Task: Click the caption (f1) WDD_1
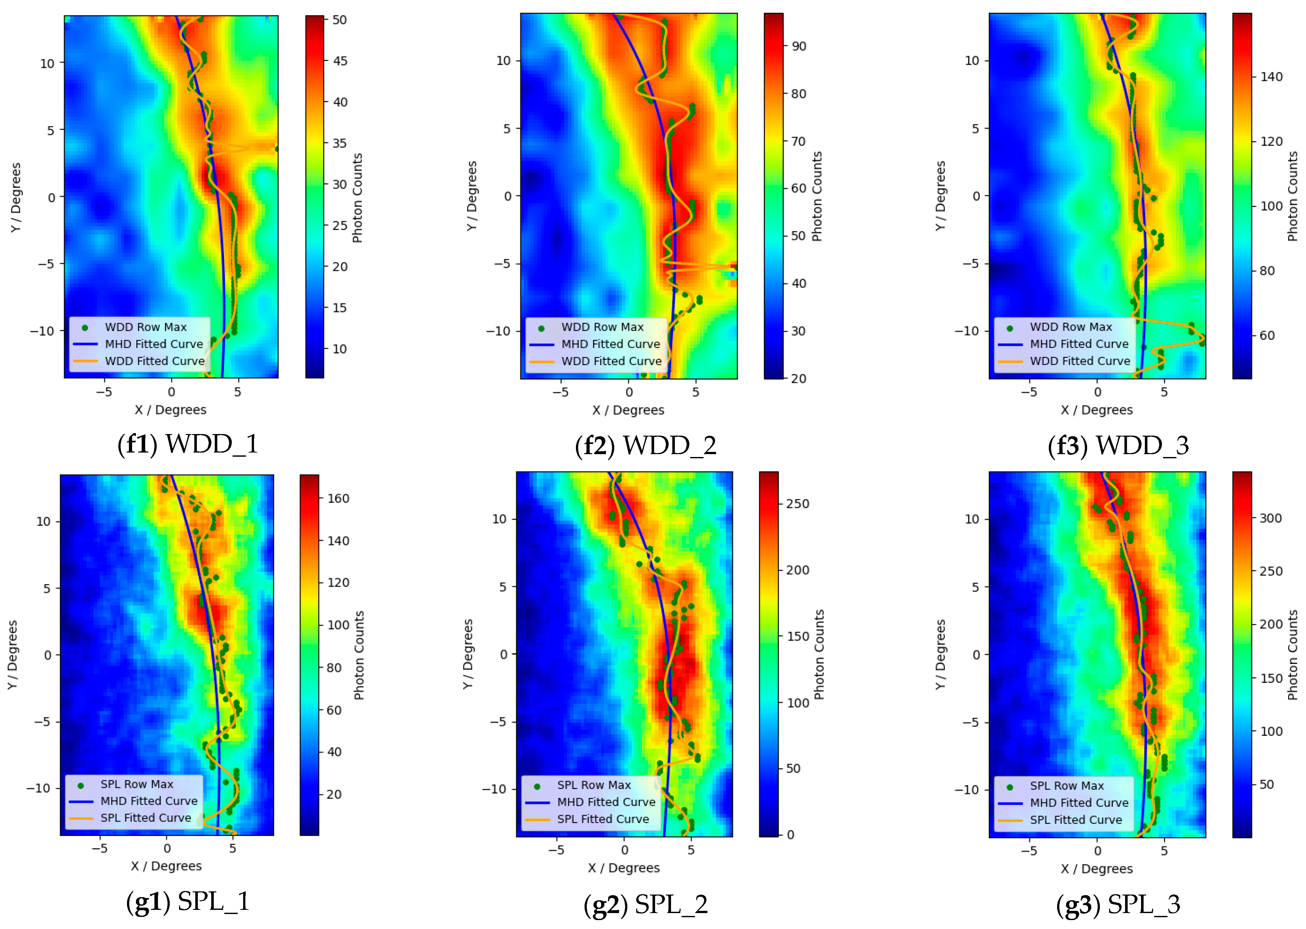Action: tap(188, 444)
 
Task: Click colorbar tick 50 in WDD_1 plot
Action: tap(340, 20)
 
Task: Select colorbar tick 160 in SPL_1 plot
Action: tap(338, 498)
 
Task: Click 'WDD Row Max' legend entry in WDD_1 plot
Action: tap(146, 327)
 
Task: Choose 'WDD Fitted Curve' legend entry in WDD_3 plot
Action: tap(1079, 361)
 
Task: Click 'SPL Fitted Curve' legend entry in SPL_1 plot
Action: tap(146, 818)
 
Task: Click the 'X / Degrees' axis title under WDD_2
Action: tap(628, 410)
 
